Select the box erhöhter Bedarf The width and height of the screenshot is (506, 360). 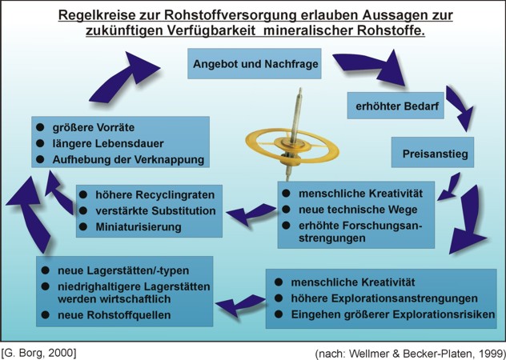point(395,105)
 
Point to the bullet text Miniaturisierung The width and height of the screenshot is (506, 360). point(140,226)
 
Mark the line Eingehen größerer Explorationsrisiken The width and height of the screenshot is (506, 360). point(392,314)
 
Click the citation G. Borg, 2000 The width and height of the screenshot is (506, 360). point(39,350)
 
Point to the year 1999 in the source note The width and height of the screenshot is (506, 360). point(486,351)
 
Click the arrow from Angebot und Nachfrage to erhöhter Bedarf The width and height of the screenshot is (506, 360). point(392,65)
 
